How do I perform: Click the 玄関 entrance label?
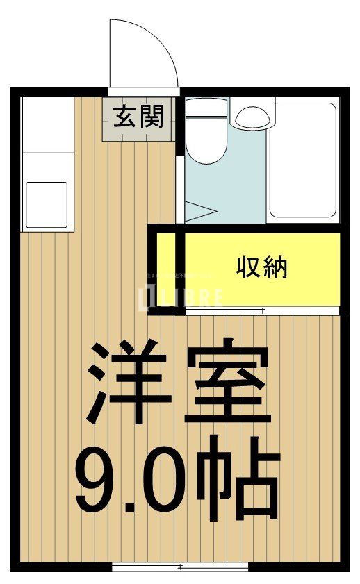[x=139, y=117]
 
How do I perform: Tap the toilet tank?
[x=206, y=108]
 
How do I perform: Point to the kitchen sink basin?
[x=47, y=201]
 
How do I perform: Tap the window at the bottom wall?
[x=180, y=567]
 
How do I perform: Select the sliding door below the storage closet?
[x=263, y=310]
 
